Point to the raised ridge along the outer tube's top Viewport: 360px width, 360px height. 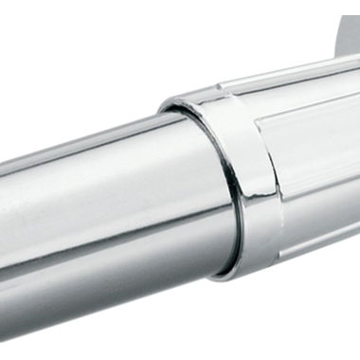303,76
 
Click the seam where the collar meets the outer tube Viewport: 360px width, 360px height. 275,171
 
